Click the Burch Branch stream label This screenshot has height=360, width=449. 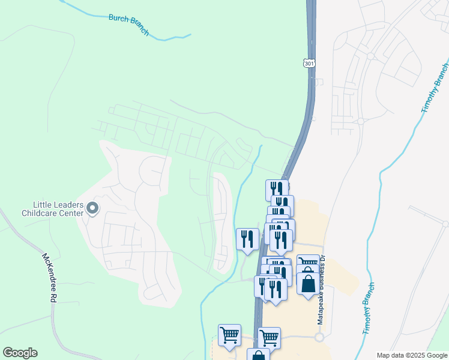128,25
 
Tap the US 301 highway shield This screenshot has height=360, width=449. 308,63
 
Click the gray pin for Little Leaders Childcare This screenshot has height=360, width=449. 92,208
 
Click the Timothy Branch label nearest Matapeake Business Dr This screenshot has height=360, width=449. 369,308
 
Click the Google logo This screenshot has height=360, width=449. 20,353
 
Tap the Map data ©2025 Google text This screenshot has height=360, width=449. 411,355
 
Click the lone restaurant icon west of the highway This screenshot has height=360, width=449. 247,239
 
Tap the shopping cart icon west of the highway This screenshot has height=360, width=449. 229,335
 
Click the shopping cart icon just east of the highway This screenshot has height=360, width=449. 270,337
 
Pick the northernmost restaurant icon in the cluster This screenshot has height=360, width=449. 277,190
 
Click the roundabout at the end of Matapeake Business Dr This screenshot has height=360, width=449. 319,337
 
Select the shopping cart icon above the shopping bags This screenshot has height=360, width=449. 307,263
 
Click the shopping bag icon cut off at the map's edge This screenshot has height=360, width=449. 258,355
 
